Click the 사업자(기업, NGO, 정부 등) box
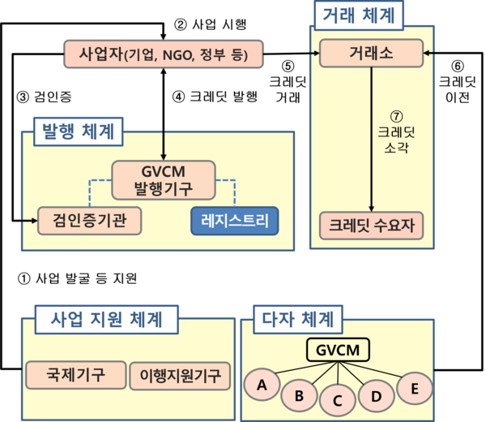[164, 55]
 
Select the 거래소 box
[371, 55]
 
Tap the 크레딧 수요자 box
[371, 225]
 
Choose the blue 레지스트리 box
[234, 218]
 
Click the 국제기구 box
[74, 377]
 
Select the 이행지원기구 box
[179, 377]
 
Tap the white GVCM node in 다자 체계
[339, 351]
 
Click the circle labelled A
[262, 386]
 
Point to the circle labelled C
[339, 401]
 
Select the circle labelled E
[414, 389]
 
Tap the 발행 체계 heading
[78, 131]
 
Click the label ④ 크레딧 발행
[215, 96]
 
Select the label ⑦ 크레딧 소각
[394, 131]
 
